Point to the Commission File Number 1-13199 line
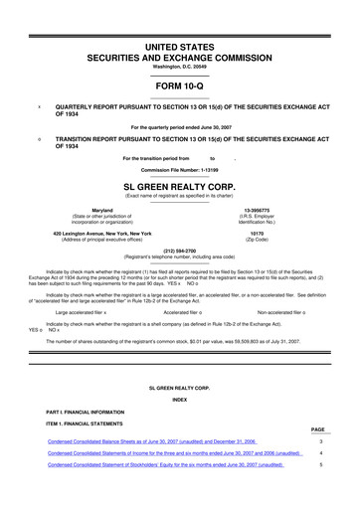[180, 170]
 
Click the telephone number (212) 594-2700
[180, 252]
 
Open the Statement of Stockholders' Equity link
[165, 465]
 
